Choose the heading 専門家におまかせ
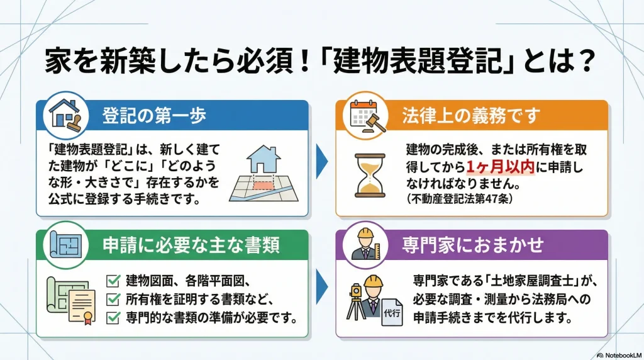tap(472, 246)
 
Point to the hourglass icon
tap(370, 175)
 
